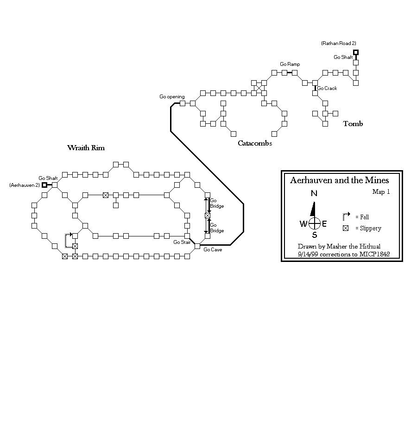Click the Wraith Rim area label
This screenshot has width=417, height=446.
86,148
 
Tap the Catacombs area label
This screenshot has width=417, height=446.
255,143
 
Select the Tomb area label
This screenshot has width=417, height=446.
353,123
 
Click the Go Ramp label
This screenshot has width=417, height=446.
290,64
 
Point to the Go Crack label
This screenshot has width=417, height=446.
327,88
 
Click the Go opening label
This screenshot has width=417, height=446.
172,96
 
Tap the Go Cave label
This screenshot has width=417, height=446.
213,249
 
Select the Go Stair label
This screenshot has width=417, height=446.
182,242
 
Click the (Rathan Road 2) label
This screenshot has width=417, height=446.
338,43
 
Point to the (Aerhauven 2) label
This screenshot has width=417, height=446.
25,185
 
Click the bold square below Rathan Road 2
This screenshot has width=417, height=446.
356,52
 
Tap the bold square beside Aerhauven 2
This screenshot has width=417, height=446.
44,185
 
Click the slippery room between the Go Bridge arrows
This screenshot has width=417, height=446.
208,215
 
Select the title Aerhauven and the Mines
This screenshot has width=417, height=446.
339,180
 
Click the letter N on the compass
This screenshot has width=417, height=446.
314,194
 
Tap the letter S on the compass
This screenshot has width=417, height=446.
315,235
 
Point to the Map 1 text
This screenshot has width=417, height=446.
381,192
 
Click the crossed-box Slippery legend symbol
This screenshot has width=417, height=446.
345,228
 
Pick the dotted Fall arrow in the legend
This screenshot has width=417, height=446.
345,216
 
